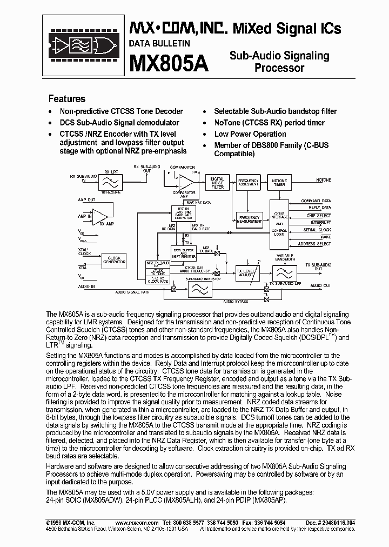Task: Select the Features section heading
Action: pyautogui.click(x=67, y=99)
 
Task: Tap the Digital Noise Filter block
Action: pyautogui.click(x=217, y=183)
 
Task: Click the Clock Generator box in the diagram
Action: pyautogui.click(x=114, y=259)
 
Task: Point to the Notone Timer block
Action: pyautogui.click(x=279, y=182)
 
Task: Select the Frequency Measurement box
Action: pyautogui.click(x=249, y=219)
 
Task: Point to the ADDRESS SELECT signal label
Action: pyautogui.click(x=314, y=244)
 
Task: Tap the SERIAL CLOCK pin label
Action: pyautogui.click(x=317, y=230)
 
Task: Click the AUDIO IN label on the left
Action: pyautogui.click(x=71, y=286)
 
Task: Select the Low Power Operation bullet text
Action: pyautogui.click(x=250, y=134)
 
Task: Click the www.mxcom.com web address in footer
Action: pyautogui.click(x=137, y=523)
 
